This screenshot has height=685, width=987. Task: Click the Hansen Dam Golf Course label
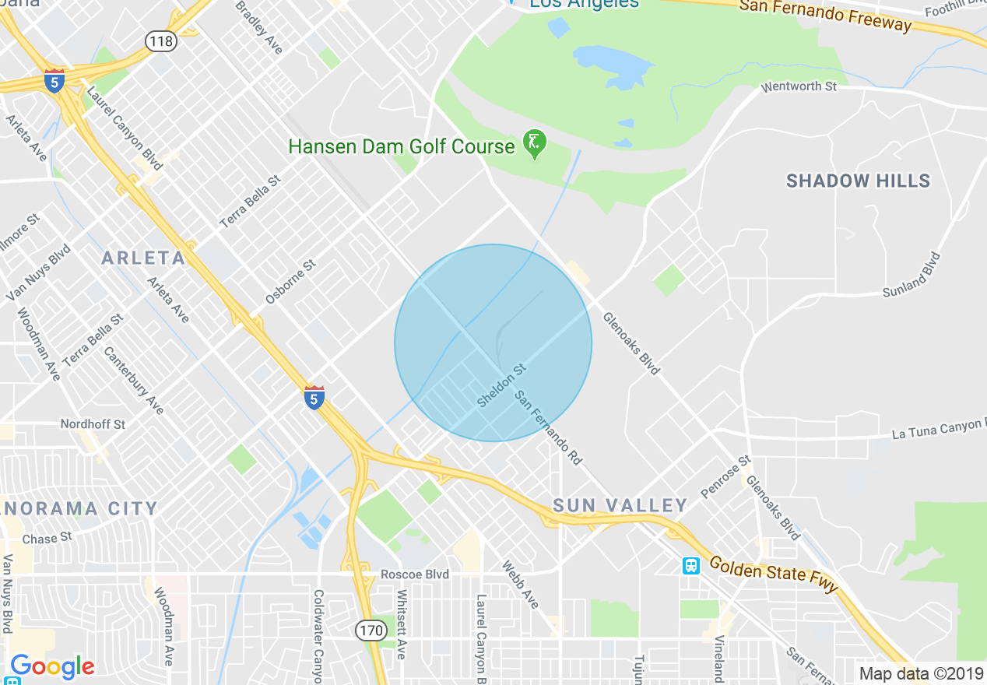[402, 146]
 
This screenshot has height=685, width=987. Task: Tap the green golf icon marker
[535, 143]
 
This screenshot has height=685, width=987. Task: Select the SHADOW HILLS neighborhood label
[858, 181]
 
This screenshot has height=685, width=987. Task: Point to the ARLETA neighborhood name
[143, 258]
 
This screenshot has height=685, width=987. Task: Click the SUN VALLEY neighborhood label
[620, 506]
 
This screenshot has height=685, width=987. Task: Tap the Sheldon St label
[501, 387]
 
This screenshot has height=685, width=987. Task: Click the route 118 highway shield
[161, 41]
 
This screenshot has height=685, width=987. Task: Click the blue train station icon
[690, 566]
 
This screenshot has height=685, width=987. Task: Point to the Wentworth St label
[799, 86]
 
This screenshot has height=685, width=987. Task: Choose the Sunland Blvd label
[911, 275]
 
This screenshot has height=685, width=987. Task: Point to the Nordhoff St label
[93, 424]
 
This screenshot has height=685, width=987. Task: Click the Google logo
[52, 666]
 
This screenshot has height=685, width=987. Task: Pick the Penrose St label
[725, 476]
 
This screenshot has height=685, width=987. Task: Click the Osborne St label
[290, 281]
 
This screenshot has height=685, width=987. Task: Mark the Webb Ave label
[520, 585]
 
